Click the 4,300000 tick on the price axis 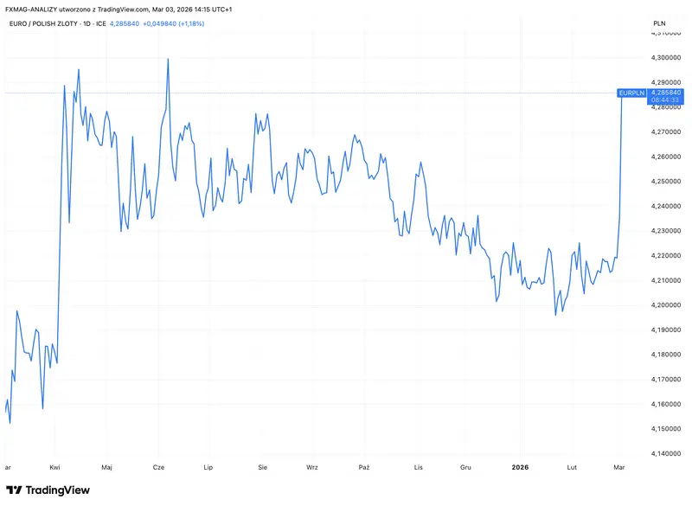tap(665, 57)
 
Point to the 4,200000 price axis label tap(665, 304)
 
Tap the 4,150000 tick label tap(665, 429)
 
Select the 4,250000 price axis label tap(665, 182)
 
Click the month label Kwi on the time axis tap(54, 467)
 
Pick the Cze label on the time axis tap(158, 467)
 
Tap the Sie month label tap(263, 467)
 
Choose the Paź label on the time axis tap(364, 467)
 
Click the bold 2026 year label tap(520, 467)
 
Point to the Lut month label tap(572, 467)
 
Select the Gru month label tap(465, 467)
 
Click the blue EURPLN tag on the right tap(632, 93)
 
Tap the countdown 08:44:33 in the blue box tap(665, 100)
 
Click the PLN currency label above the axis tap(659, 23)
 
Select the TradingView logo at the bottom tap(48, 490)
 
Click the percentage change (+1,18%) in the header tap(191, 24)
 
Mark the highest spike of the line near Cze tap(168, 59)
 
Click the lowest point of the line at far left tap(10, 423)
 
